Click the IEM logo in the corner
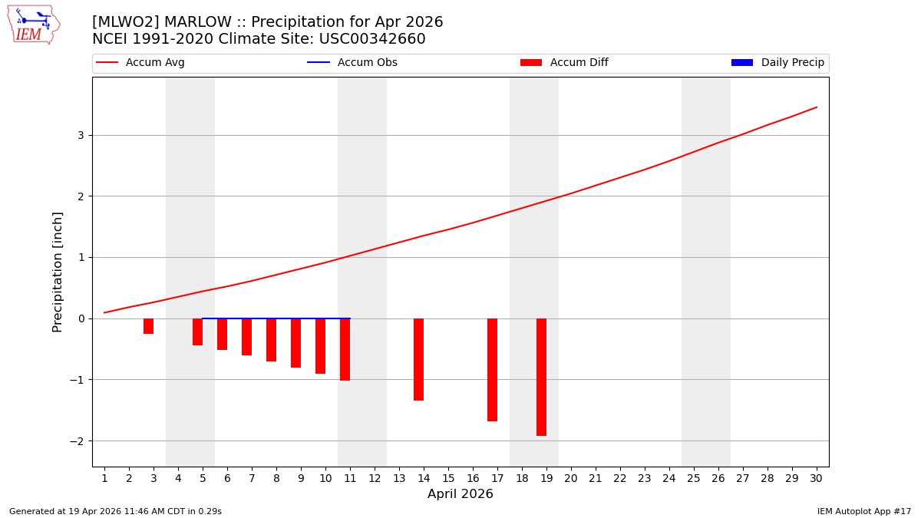(33, 25)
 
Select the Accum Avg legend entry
(140, 63)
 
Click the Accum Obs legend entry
(352, 63)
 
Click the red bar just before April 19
(541, 377)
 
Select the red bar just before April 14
(418, 359)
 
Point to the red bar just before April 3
(148, 326)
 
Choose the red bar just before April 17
(492, 370)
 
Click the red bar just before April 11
(345, 349)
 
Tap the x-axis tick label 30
(816, 478)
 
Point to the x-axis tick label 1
(104, 478)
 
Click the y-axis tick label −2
(78, 441)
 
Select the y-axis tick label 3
(80, 136)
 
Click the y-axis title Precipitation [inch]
(58, 272)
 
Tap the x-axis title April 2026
(460, 494)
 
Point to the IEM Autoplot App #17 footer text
(864, 511)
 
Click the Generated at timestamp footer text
(115, 511)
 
